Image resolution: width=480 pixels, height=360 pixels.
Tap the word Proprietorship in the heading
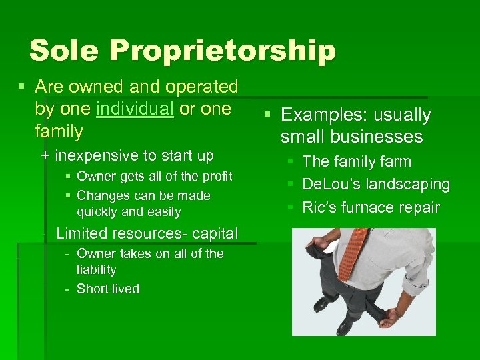[x=223, y=51]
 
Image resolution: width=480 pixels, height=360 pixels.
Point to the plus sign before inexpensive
[x=45, y=156]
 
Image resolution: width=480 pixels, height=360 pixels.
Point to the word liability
[x=97, y=270]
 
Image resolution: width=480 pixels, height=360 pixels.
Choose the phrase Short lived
[x=108, y=289]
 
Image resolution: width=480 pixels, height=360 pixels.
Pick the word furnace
[x=372, y=207]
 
